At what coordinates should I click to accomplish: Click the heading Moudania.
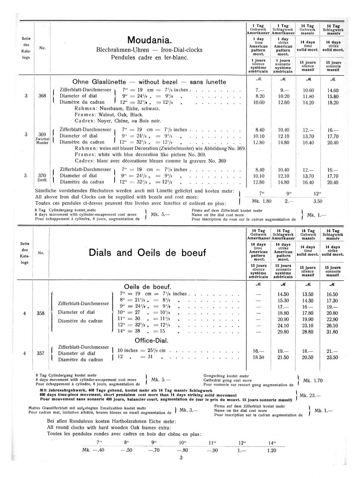click(149, 40)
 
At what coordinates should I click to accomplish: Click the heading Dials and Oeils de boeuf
click(147, 253)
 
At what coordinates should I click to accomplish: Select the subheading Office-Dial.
click(151, 341)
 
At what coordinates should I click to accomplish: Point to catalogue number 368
click(42, 96)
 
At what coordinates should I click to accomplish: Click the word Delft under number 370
click(42, 180)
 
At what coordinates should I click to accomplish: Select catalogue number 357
click(40, 353)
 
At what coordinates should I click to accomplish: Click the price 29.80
click(283, 332)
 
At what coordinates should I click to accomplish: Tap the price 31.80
click(332, 332)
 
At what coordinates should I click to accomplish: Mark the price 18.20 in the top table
click(333, 103)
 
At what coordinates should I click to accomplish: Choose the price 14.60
click(333, 90)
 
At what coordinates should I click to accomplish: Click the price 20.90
click(283, 319)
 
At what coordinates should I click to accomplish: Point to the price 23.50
click(332, 357)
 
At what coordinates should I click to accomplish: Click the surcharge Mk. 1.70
click(313, 381)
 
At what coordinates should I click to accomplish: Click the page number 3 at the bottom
click(181, 458)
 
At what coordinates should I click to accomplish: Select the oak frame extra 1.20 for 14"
click(271, 450)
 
